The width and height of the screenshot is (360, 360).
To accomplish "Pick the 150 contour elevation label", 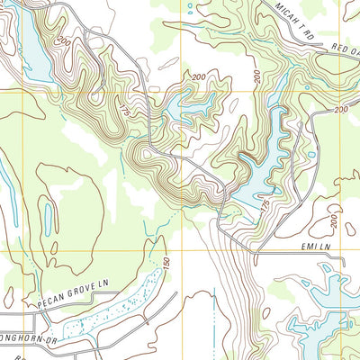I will click(166, 262).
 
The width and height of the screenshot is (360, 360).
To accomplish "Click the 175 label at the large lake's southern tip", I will click(265, 206).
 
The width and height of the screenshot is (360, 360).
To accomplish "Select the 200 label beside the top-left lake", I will click(64, 42).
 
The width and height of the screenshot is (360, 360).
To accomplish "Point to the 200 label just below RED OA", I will click(340, 109).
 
